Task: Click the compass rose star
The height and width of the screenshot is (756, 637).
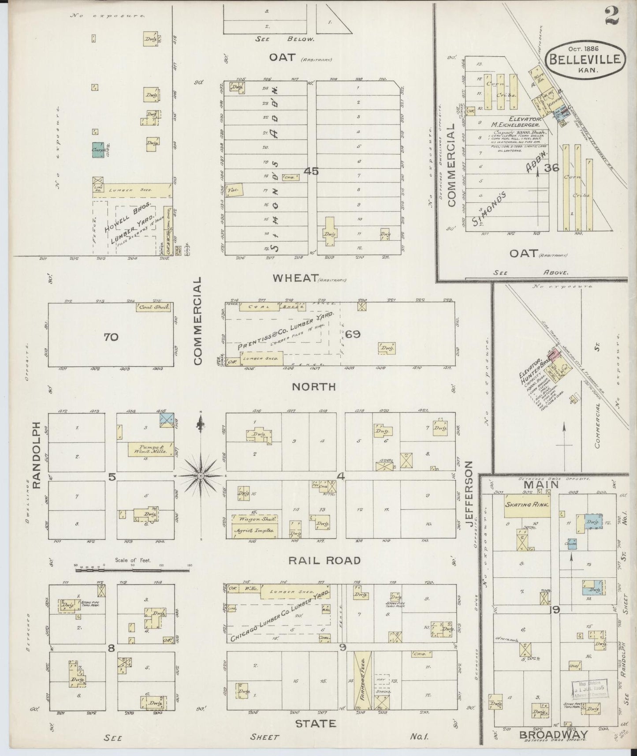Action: pos(200,476)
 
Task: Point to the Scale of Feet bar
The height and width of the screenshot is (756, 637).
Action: pos(132,570)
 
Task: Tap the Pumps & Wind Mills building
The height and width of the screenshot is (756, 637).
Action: pos(147,449)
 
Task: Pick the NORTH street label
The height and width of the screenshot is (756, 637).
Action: pos(314,387)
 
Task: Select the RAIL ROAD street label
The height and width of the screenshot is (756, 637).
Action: pos(324,561)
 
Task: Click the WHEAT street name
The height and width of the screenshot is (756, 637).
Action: pos(295,278)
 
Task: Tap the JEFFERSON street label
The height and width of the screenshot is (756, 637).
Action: pos(470,494)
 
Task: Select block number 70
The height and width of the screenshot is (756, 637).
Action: pos(111,337)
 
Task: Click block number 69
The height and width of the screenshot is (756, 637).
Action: pos(353,334)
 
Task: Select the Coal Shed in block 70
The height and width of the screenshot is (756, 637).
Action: pos(153,307)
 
